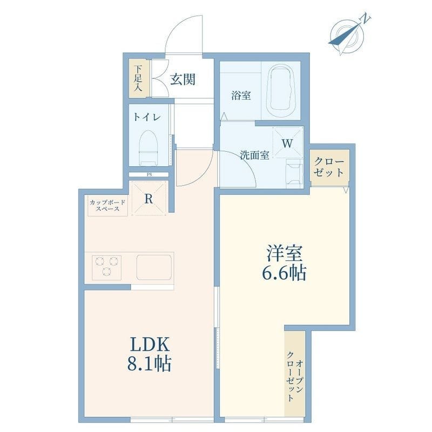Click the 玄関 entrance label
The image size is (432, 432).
[183, 79]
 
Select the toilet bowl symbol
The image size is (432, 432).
[148, 147]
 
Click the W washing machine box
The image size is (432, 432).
[288, 143]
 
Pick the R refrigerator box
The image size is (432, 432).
[149, 198]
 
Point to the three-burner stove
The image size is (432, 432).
[106, 266]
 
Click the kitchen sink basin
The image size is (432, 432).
[154, 267]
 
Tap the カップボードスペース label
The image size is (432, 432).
[107, 206]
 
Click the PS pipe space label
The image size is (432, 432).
[150, 174]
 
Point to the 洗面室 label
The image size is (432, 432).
[254, 155]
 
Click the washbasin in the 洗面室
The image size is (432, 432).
[294, 173]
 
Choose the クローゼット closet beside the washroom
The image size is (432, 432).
[329, 167]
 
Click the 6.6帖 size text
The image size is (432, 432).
[284, 273]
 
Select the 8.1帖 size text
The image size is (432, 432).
[149, 363]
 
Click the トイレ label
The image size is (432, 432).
[147, 117]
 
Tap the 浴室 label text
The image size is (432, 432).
[241, 96]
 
